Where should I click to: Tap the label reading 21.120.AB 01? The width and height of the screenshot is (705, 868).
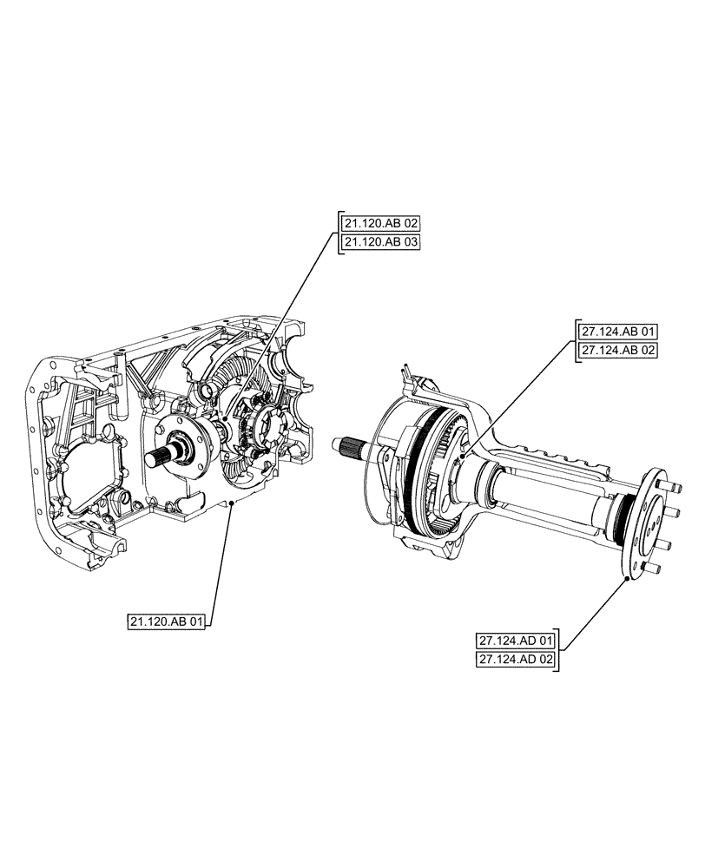168,621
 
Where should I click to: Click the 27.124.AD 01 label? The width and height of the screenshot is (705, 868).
516,641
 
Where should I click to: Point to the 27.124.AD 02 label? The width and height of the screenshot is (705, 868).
516,660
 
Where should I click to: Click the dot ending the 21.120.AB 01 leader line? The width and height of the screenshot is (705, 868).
230,514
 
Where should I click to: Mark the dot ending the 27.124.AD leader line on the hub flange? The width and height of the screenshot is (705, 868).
626,579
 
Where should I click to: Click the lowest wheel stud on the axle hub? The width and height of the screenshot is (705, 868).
656,569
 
